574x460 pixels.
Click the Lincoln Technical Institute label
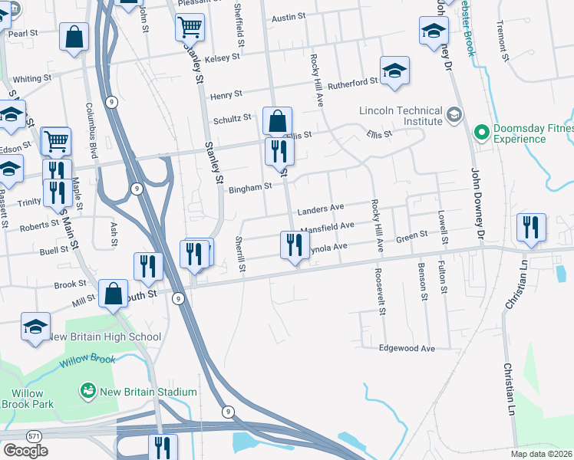401,116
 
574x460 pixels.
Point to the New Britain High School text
104,337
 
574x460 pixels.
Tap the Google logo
25,450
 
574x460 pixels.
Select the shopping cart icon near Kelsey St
190,28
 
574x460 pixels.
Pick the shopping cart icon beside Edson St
56,141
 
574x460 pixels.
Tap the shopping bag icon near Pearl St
74,37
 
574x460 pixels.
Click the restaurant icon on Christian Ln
532,227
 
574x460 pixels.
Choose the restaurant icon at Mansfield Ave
294,245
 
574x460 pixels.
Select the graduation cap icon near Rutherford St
394,71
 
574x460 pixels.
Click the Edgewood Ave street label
407,348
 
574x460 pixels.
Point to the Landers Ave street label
321,209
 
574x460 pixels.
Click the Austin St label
289,16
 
